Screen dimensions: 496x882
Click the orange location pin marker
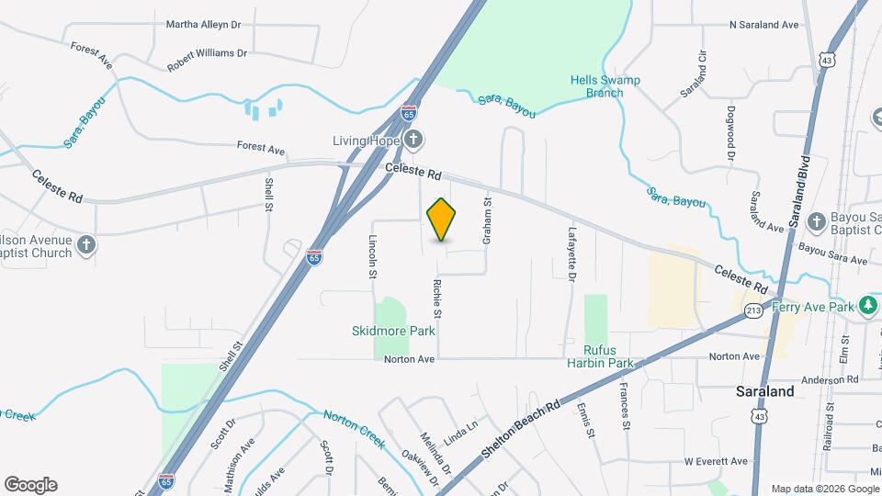[442, 220]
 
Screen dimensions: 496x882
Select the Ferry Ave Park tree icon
[866, 305]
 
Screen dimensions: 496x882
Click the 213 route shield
[754, 310]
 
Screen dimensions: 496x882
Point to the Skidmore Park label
[393, 331]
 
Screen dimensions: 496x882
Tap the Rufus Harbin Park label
[608, 355]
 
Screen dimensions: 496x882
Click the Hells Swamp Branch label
[605, 86]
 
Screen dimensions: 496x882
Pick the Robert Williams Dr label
[208, 61]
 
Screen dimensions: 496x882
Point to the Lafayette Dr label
[571, 254]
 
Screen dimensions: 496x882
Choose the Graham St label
[488, 220]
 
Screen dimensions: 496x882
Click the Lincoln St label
[373, 256]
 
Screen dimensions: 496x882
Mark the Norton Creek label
[354, 428]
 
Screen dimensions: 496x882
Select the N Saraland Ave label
[776, 25]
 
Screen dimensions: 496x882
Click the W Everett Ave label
[716, 461]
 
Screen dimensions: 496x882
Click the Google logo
[30, 485]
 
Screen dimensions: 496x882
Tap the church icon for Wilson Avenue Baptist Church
[86, 244]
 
